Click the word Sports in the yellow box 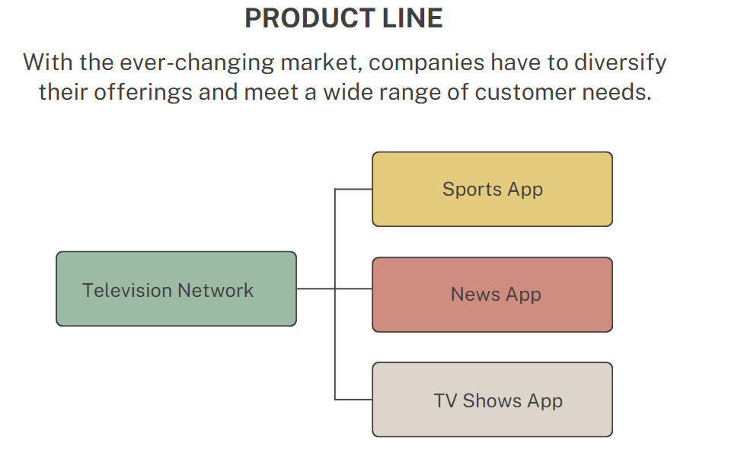click(472, 190)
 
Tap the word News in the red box click(475, 295)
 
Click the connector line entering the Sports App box click(354, 189)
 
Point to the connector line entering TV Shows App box click(354, 399)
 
